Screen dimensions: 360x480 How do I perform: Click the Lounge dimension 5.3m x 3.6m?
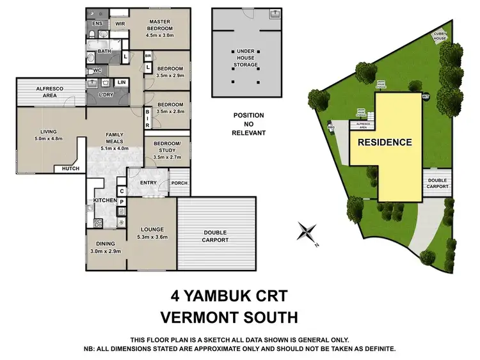[x=153, y=237]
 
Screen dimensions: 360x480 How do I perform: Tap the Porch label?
[x=180, y=184]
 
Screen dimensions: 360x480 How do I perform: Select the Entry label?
[x=148, y=184]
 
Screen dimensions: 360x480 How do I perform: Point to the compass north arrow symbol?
[x=308, y=231]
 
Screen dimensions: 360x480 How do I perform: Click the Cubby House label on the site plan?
[x=441, y=36]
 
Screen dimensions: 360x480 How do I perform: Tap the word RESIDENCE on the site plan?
[x=384, y=142]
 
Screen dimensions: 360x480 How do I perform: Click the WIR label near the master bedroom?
[x=120, y=24]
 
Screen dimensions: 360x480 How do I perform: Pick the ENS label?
[x=97, y=24]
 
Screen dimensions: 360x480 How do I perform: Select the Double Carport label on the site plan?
[x=438, y=184]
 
